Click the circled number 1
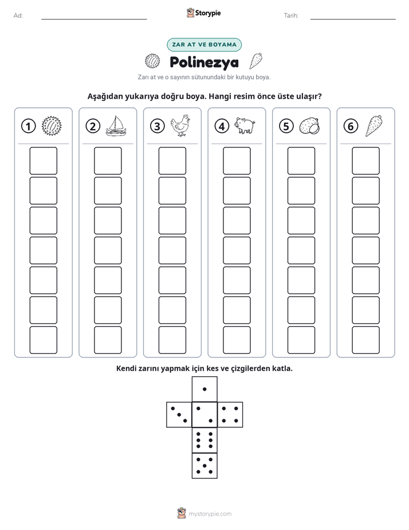point(28,126)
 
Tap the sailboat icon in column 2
point(116,126)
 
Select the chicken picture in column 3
point(180,126)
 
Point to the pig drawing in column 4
point(245,126)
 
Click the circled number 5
point(286,126)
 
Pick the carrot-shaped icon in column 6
point(373,126)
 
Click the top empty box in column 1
point(43,161)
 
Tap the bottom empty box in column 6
point(365,340)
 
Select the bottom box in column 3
point(172,340)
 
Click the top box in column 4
point(237,161)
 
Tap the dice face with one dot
point(204,389)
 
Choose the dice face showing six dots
point(204,440)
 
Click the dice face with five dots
point(204,466)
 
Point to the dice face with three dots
point(179,415)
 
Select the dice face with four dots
point(230,415)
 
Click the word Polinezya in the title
point(204,62)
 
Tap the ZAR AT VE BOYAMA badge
point(204,45)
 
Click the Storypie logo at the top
point(203,13)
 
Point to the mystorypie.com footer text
point(210,514)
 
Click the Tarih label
point(291,15)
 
